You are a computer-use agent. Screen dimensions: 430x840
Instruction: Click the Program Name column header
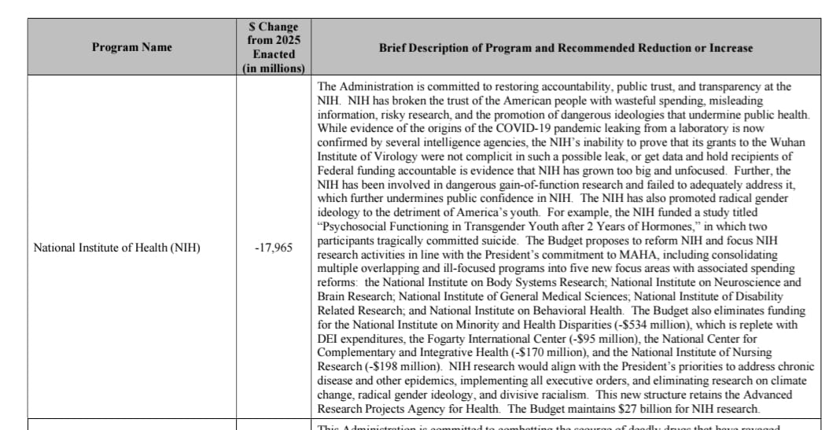pyautogui.click(x=131, y=47)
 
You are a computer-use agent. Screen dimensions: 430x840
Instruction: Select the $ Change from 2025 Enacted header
pyautogui.click(x=274, y=47)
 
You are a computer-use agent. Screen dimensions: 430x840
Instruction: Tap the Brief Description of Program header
pyautogui.click(x=566, y=48)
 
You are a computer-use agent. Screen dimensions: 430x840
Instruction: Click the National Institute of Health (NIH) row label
pyautogui.click(x=116, y=248)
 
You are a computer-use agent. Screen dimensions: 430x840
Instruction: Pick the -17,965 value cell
pyautogui.click(x=274, y=248)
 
